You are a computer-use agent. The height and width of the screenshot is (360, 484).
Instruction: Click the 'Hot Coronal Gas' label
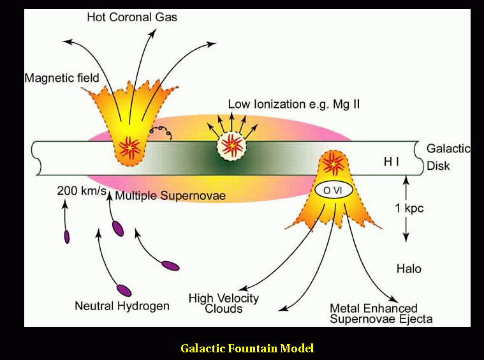[132, 17]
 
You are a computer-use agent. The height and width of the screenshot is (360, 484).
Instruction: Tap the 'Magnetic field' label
[62, 79]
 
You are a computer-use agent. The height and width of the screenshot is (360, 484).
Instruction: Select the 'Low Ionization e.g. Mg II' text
[293, 104]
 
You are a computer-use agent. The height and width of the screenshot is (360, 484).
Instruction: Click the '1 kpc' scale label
[408, 209]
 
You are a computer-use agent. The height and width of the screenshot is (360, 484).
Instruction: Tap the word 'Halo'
[409, 269]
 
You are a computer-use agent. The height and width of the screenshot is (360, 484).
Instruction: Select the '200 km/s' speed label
[82, 191]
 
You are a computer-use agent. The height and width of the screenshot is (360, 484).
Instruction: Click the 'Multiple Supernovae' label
[170, 196]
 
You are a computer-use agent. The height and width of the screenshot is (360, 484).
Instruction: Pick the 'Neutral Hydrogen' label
[122, 306]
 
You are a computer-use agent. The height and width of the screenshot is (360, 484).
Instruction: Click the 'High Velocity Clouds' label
[223, 303]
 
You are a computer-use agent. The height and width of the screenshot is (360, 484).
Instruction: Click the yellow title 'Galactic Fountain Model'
[247, 348]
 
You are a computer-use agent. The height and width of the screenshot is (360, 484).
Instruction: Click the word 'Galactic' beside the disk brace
[448, 149]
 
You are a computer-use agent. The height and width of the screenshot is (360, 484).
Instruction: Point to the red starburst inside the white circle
[233, 146]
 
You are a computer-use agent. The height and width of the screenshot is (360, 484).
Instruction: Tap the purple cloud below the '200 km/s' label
[67, 237]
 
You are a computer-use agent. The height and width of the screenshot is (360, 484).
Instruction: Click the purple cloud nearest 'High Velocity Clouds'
[170, 265]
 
